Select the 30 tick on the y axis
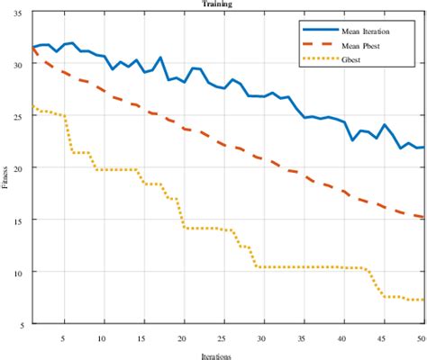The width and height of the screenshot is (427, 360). pyautogui.click(x=20, y=65)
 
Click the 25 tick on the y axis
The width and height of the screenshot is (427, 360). pyautogui.click(x=20, y=116)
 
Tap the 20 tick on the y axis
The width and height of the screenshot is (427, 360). pyautogui.click(x=20, y=168)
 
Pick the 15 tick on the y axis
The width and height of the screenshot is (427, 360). pyautogui.click(x=20, y=220)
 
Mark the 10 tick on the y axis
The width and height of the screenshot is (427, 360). pyautogui.click(x=20, y=272)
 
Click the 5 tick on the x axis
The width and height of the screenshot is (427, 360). pyautogui.click(x=63, y=337)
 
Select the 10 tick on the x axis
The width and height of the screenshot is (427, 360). pyautogui.click(x=103, y=337)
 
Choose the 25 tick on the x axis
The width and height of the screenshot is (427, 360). pyautogui.click(x=223, y=337)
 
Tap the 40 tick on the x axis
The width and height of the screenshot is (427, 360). pyautogui.click(x=342, y=337)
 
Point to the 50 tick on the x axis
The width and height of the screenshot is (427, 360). pyautogui.click(x=420, y=337)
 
